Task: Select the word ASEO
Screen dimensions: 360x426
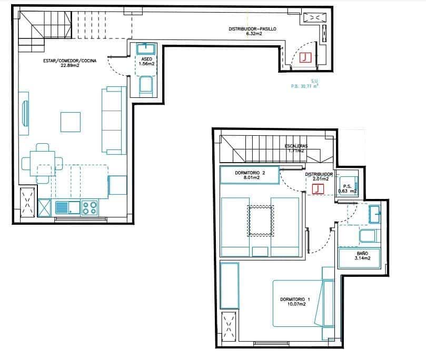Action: pos(146,59)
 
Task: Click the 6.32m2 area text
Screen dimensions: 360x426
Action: pos(254,34)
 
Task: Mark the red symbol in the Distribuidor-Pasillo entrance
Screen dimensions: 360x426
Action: pos(305,57)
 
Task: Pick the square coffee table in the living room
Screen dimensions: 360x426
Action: pos(71,122)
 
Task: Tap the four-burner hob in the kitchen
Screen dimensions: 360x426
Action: pos(89,207)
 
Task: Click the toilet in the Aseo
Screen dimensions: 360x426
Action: pos(145,86)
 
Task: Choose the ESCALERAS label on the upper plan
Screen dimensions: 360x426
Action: pos(296,146)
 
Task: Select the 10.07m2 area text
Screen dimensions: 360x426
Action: pos(296,305)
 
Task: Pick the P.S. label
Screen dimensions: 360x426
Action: pos(348,186)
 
